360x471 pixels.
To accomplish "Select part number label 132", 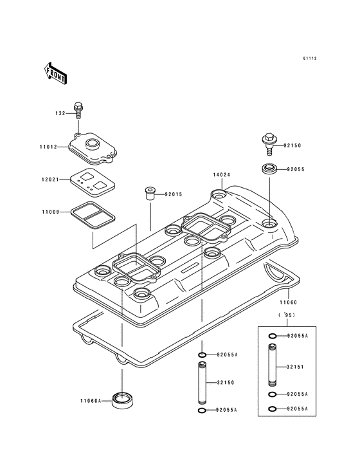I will pos(60,113).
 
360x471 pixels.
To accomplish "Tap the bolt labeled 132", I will pos(78,111).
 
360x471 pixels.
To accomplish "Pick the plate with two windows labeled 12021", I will pos(91,180).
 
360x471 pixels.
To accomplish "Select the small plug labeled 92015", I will pos(148,193).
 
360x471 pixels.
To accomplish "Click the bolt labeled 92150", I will pos(269,142).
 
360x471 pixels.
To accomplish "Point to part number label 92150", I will pos(292,145).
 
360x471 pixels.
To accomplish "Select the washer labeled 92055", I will pos(269,170).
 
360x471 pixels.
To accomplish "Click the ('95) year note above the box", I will pos(285,315).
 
